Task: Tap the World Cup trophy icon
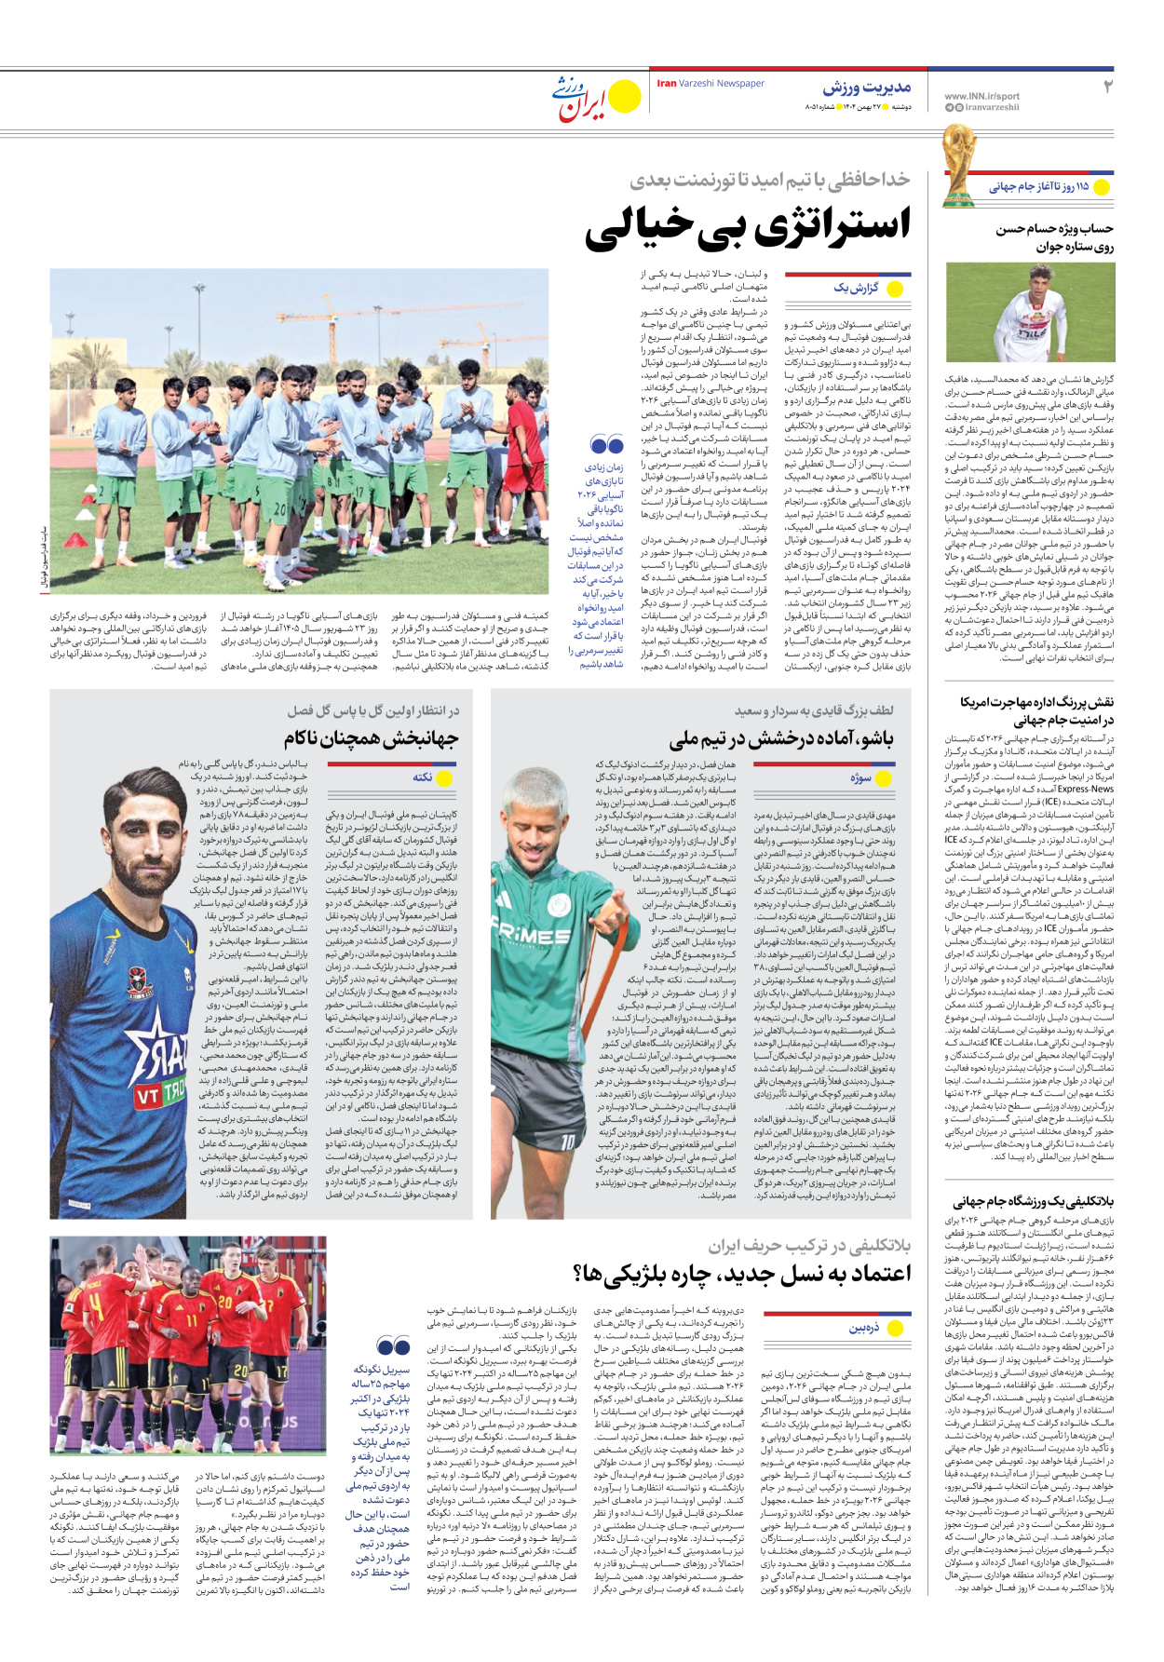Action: tap(958, 165)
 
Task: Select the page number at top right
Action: tap(1107, 87)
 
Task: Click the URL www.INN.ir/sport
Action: tap(981, 96)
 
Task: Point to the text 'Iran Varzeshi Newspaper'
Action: tap(711, 84)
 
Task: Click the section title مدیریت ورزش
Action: tap(866, 88)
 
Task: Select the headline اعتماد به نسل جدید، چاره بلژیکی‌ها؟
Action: tap(741, 1273)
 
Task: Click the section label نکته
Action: tap(423, 777)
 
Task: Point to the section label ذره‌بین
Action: tap(863, 1328)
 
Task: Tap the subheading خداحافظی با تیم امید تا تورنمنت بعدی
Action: tap(769, 180)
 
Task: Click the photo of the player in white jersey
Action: tap(1029, 313)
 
